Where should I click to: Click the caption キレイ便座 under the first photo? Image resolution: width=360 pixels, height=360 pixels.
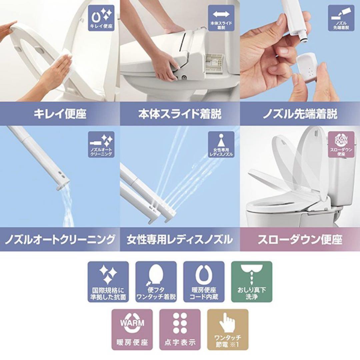pyautogui.click(x=60, y=114)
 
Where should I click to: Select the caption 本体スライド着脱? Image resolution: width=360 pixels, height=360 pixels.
pyautogui.click(x=180, y=114)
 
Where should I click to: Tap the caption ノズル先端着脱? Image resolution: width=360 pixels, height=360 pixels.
pyautogui.click(x=300, y=114)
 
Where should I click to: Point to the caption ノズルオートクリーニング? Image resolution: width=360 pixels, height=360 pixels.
pyautogui.click(x=60, y=239)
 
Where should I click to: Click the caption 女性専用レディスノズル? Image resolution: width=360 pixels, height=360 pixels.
pyautogui.click(x=180, y=239)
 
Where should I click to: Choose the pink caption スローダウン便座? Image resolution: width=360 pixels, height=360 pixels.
pyautogui.click(x=300, y=239)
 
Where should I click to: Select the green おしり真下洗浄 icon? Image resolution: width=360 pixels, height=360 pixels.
pyautogui.click(x=252, y=282)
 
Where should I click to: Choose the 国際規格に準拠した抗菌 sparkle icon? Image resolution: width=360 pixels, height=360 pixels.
pyautogui.click(x=108, y=282)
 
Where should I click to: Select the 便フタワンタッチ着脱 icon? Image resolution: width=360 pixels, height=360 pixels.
pyautogui.click(x=156, y=282)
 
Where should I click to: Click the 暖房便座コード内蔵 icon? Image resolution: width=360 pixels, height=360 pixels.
pyautogui.click(x=204, y=282)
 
